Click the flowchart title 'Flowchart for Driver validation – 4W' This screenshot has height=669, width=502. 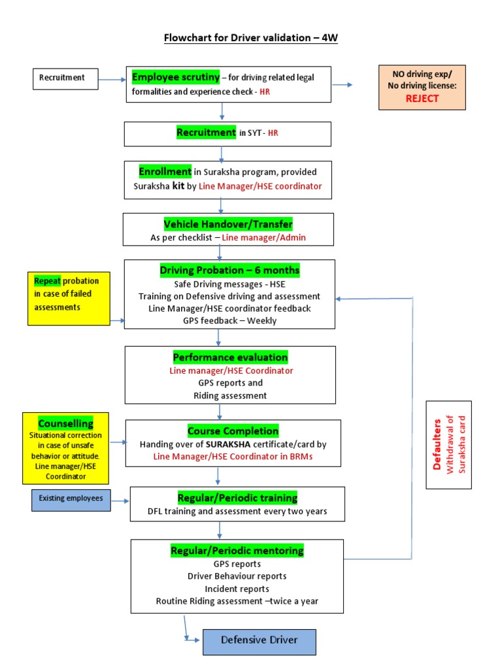pos(250,38)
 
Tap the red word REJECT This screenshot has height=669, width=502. pos(422,99)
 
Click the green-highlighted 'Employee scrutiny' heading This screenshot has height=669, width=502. pos(176,78)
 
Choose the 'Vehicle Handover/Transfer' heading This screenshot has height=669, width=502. pos(228,224)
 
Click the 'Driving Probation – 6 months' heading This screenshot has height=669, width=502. pos(229,270)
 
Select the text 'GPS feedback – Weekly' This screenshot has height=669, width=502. pos(229,320)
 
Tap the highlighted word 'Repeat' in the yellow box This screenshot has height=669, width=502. pos(48,281)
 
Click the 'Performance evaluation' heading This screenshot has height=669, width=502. pos(230,357)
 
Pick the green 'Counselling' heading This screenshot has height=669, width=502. pos(65,423)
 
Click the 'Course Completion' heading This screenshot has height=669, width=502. pos(233,431)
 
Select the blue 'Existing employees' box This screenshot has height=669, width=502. pos(71,499)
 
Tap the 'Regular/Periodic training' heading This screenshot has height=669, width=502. pos(237,498)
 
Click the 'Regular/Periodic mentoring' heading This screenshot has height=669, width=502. pos(237,551)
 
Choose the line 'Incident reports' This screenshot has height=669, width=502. pos(237,589)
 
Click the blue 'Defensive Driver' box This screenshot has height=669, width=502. pos(259,641)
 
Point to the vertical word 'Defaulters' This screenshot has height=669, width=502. pos(437,444)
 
